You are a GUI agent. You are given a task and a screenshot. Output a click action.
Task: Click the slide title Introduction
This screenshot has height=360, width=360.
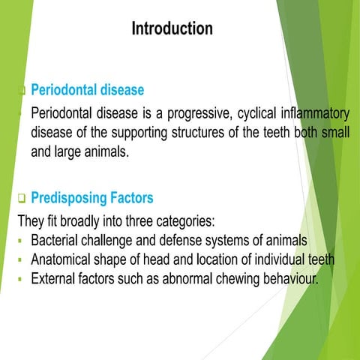172,29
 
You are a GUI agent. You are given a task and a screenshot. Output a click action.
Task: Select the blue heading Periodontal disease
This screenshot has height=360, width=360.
87,90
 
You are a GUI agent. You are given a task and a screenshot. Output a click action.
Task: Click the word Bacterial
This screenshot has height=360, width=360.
57,241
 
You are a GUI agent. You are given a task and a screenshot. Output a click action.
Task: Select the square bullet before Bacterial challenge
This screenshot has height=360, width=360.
22,242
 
